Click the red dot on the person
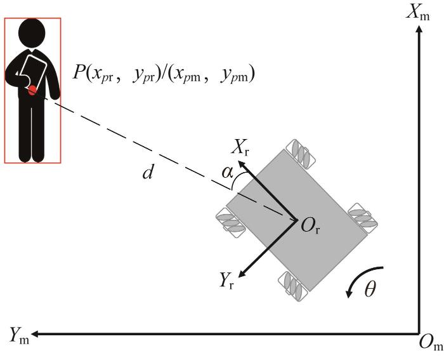(x=32, y=90)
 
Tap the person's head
(x=32, y=32)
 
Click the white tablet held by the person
(x=33, y=72)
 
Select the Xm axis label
(x=417, y=13)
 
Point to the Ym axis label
(x=19, y=335)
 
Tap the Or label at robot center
(x=310, y=226)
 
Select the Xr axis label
(x=240, y=147)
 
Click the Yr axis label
(x=227, y=281)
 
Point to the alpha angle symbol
(x=227, y=172)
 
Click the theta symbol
(x=370, y=289)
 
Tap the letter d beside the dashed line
(x=148, y=172)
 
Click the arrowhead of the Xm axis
(x=419, y=29)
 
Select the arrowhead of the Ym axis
(x=35, y=333)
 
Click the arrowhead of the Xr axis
(x=241, y=164)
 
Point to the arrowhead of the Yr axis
(x=242, y=274)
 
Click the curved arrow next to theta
(x=360, y=277)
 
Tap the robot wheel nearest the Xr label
(x=301, y=154)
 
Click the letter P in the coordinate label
(x=79, y=72)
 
